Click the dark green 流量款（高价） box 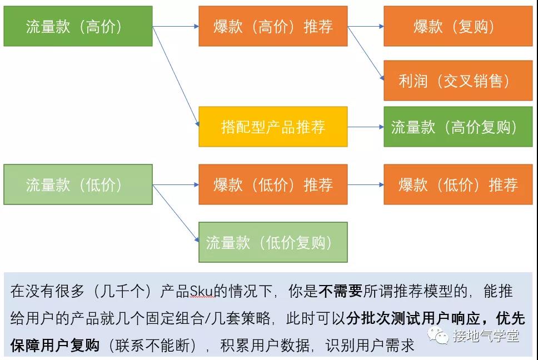pos(78,26)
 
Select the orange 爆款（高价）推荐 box pos(273,26)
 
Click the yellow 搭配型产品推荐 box pos(273,127)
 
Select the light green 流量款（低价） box pos(78,184)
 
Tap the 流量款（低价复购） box pos(273,242)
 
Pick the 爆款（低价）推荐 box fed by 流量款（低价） pos(273,184)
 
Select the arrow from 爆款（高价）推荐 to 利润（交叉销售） pos(366,54)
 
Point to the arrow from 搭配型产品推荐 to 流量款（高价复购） pos(366,127)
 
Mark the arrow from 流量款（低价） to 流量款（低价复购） pos(176,213)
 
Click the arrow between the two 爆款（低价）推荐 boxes pos(366,184)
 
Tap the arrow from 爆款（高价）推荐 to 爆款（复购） pos(366,26)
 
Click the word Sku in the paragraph pos(199,291)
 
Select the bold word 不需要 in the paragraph pos(340,291)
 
